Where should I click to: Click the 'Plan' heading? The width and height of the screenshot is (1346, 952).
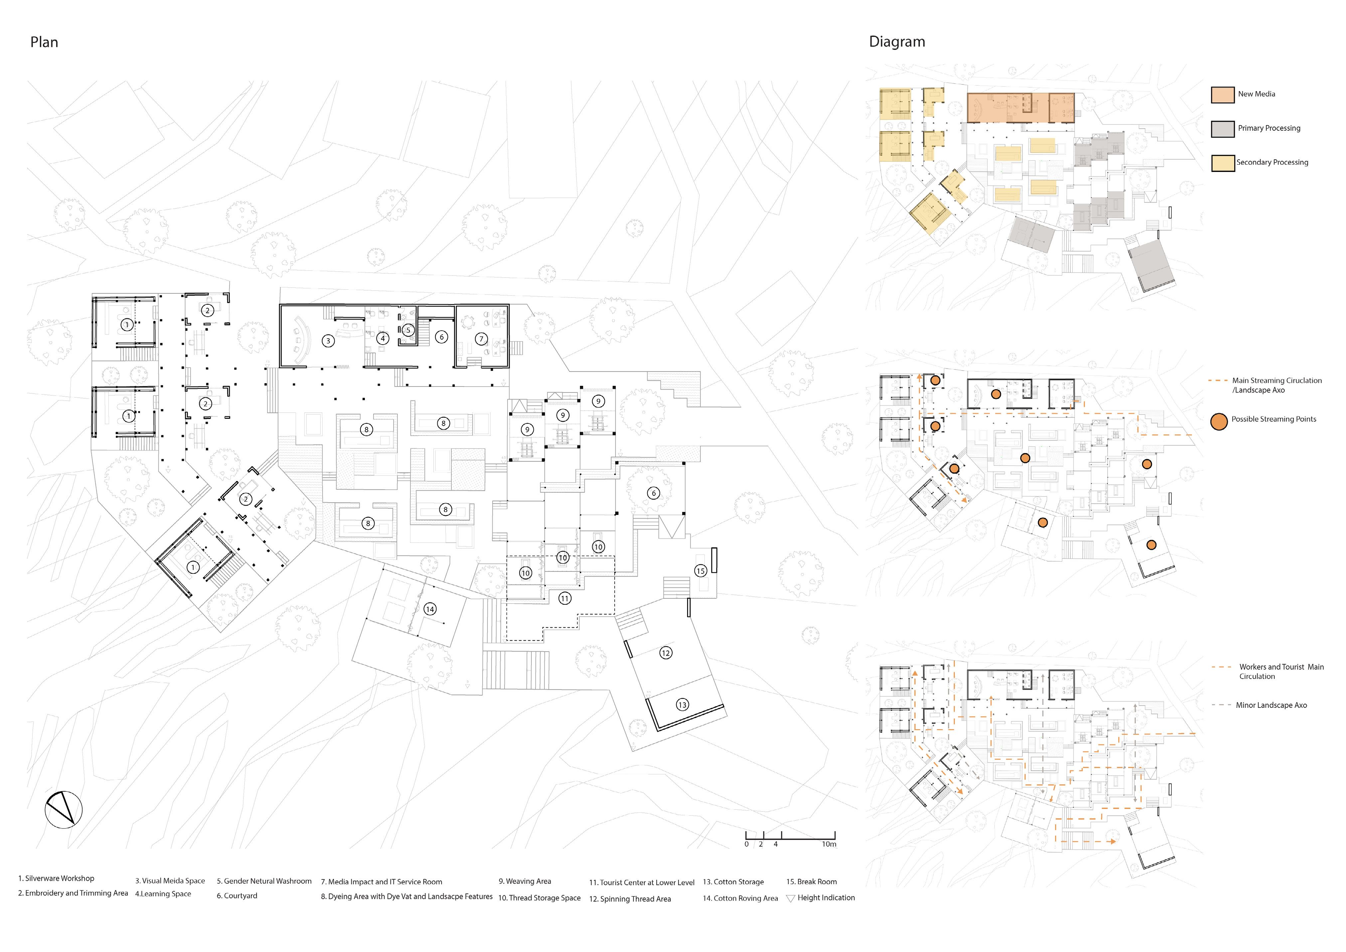(x=44, y=42)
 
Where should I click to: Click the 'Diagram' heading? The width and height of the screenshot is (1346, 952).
(x=897, y=42)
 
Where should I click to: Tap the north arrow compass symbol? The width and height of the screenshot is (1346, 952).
(x=64, y=810)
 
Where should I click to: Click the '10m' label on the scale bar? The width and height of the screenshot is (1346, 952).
(x=829, y=844)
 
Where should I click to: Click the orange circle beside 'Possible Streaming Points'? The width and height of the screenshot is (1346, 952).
(x=1219, y=421)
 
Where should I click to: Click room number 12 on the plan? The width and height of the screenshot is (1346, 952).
(x=666, y=653)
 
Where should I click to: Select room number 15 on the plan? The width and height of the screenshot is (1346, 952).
(x=700, y=571)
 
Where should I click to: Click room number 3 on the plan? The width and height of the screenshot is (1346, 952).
(x=328, y=341)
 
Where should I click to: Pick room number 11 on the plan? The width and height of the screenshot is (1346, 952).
(x=564, y=598)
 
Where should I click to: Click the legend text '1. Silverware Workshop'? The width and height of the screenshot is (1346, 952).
(x=56, y=878)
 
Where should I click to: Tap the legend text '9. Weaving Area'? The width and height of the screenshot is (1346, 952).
(x=525, y=881)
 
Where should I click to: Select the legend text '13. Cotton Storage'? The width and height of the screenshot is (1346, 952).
(x=733, y=882)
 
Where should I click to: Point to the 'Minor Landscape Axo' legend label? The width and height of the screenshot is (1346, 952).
(x=1271, y=705)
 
